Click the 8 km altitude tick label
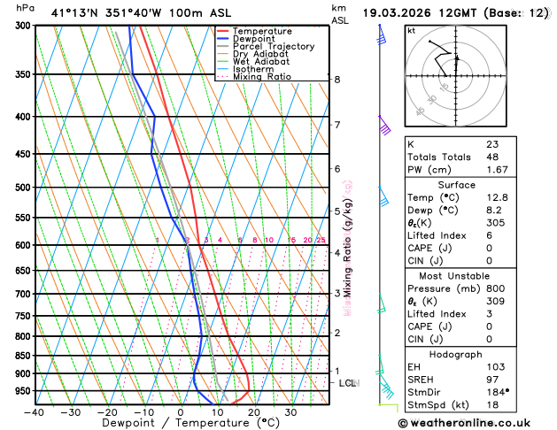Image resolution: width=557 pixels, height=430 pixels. pos(337,80)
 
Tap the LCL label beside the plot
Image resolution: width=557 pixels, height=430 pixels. pos(347,383)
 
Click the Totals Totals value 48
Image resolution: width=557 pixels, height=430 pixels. pos(492,157)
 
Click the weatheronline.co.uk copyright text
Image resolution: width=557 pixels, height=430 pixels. pos(478,422)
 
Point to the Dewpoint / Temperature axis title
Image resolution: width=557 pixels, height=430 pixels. pos(181,424)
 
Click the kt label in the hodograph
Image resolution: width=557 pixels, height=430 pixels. pos(411,31)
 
